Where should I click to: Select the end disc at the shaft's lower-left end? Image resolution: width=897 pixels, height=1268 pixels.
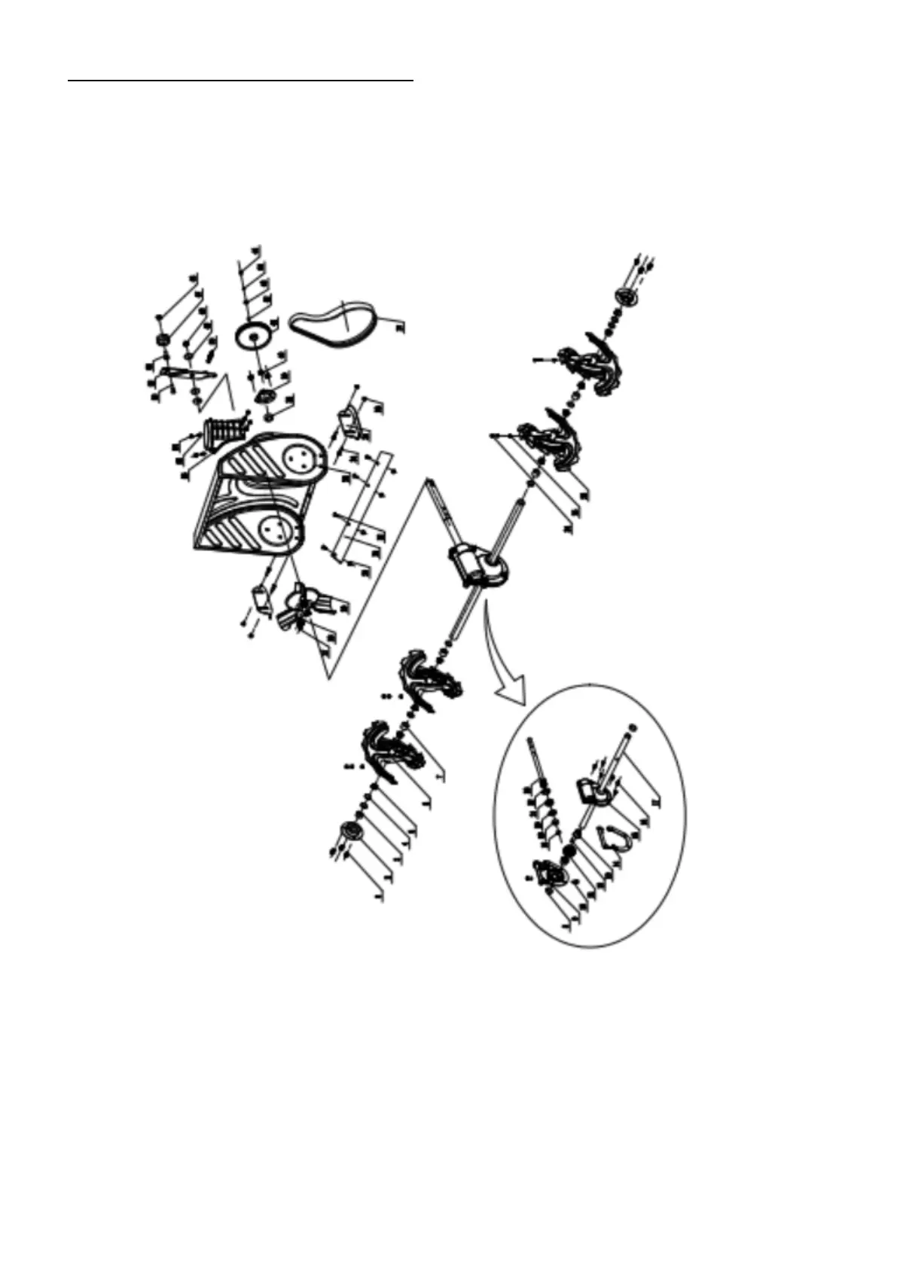(x=352, y=832)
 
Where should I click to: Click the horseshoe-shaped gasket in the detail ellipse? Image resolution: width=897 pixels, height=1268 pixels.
(x=613, y=838)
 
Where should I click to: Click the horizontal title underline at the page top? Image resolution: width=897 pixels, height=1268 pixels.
(x=241, y=78)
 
